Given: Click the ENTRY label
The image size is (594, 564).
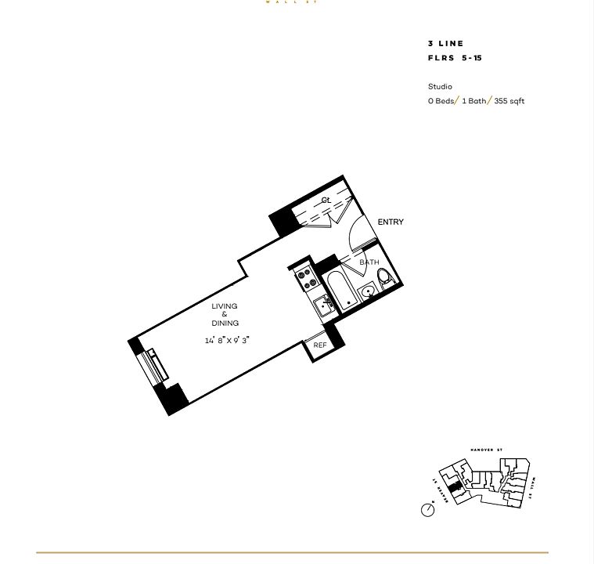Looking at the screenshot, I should tap(391, 222).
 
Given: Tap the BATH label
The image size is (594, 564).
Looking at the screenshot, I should tap(369, 262).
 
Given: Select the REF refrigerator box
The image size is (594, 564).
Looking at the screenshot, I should tap(320, 345).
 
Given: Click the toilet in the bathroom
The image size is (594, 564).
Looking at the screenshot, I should tap(384, 277).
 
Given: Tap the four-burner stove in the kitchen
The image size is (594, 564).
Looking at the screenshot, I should tap(304, 277).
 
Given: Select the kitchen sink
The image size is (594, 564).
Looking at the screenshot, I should tap(322, 305).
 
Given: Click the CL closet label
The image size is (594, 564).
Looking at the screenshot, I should tap(326, 201).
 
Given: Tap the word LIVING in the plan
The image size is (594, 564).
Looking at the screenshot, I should tap(225, 306).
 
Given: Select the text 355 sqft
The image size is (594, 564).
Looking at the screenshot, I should tap(509, 102).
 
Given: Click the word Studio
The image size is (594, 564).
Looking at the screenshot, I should tap(440, 86).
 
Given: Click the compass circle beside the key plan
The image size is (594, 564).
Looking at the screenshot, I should tap(428, 510).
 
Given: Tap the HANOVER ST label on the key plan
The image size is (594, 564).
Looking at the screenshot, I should tap(486, 450).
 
